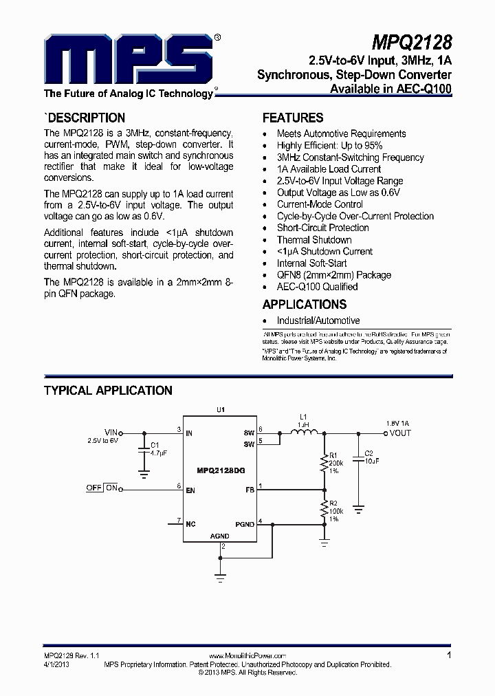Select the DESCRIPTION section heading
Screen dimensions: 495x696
tap(85, 118)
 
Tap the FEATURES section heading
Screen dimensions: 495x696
tap(293, 118)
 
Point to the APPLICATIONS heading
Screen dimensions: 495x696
tap(305, 304)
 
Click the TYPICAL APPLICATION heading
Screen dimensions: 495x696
tap(108, 391)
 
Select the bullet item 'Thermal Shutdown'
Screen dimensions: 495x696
tap(314, 240)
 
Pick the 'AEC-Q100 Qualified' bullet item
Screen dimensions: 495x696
tap(317, 287)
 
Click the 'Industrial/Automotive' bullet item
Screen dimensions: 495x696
tap(318, 320)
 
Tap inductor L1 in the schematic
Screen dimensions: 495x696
tap(303, 432)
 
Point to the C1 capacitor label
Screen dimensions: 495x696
tap(155, 446)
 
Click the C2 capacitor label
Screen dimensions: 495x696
tap(368, 454)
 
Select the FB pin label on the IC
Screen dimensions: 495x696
tap(249, 490)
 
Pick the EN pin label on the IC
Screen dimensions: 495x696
tap(190, 490)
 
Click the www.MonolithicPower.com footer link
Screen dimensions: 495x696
tap(246, 656)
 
